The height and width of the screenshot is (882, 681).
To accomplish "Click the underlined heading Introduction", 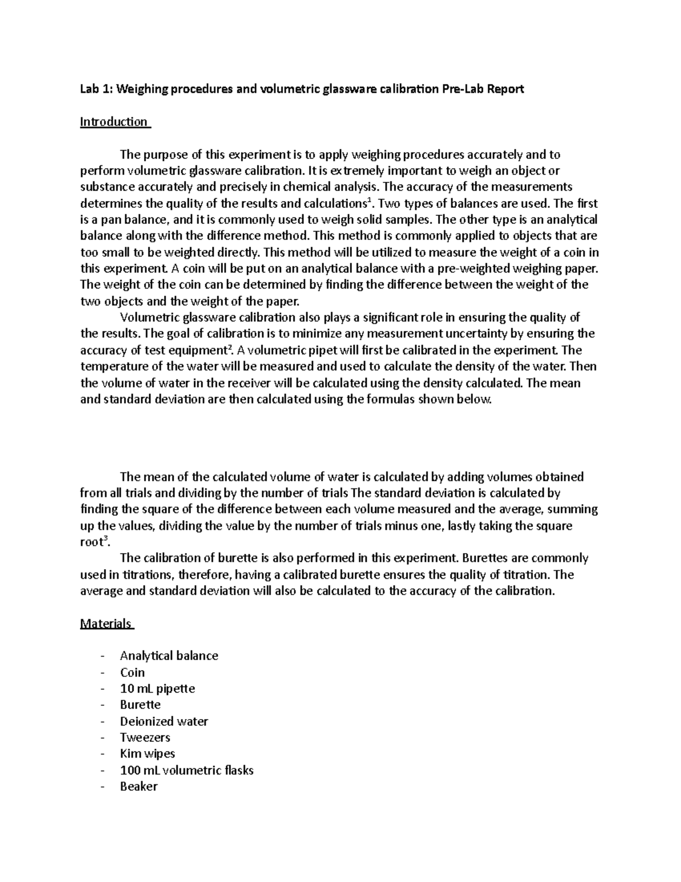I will pos(114,122).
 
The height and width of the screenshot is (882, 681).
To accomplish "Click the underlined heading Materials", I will pos(106,624).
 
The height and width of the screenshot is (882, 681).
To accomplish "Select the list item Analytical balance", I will pos(169,656).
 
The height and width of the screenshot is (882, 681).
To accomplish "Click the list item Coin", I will pos(132,672).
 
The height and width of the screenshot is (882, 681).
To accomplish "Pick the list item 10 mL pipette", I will pos(157,689).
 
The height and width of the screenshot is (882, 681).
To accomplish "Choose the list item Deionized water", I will pos(164,721).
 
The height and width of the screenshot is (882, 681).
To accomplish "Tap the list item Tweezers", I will pos(145,738).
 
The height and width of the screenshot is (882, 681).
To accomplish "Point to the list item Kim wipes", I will pos(148,754).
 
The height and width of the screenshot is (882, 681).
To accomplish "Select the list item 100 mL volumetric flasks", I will pos(187,771).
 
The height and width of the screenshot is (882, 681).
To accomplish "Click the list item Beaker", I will pos(138,787).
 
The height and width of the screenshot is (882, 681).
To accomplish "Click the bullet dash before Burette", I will pos(102,705).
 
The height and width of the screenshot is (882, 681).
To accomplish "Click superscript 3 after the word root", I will pos(107,538).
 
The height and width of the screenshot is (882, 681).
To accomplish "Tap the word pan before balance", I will pos(113,220).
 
